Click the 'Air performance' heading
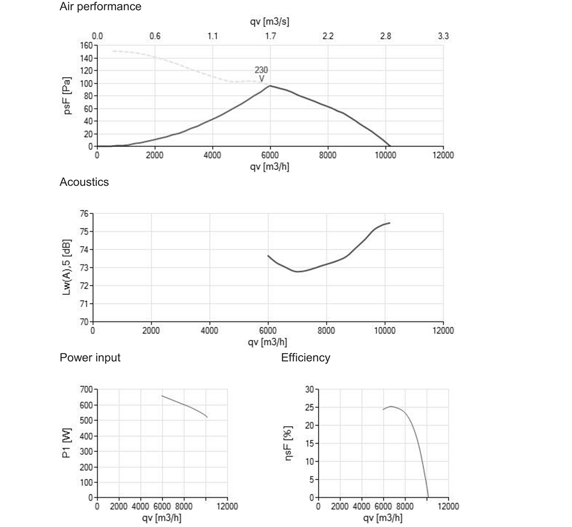pos(101,7)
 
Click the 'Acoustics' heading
pos(84,183)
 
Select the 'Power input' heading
pos(90,358)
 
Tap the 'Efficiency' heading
pos(305,358)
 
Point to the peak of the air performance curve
pos(270,86)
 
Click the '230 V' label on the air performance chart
pos(261,74)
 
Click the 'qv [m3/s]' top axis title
pos(271,22)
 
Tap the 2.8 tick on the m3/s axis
pos(386,36)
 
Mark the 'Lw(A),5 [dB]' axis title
pos(67,267)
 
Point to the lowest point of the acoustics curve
pos(298,271)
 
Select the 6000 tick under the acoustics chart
pos(268,331)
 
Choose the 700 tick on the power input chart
pos(85,390)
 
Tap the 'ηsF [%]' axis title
pos(290,443)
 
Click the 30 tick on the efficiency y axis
pos(309,390)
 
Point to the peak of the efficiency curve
pos(391,407)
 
